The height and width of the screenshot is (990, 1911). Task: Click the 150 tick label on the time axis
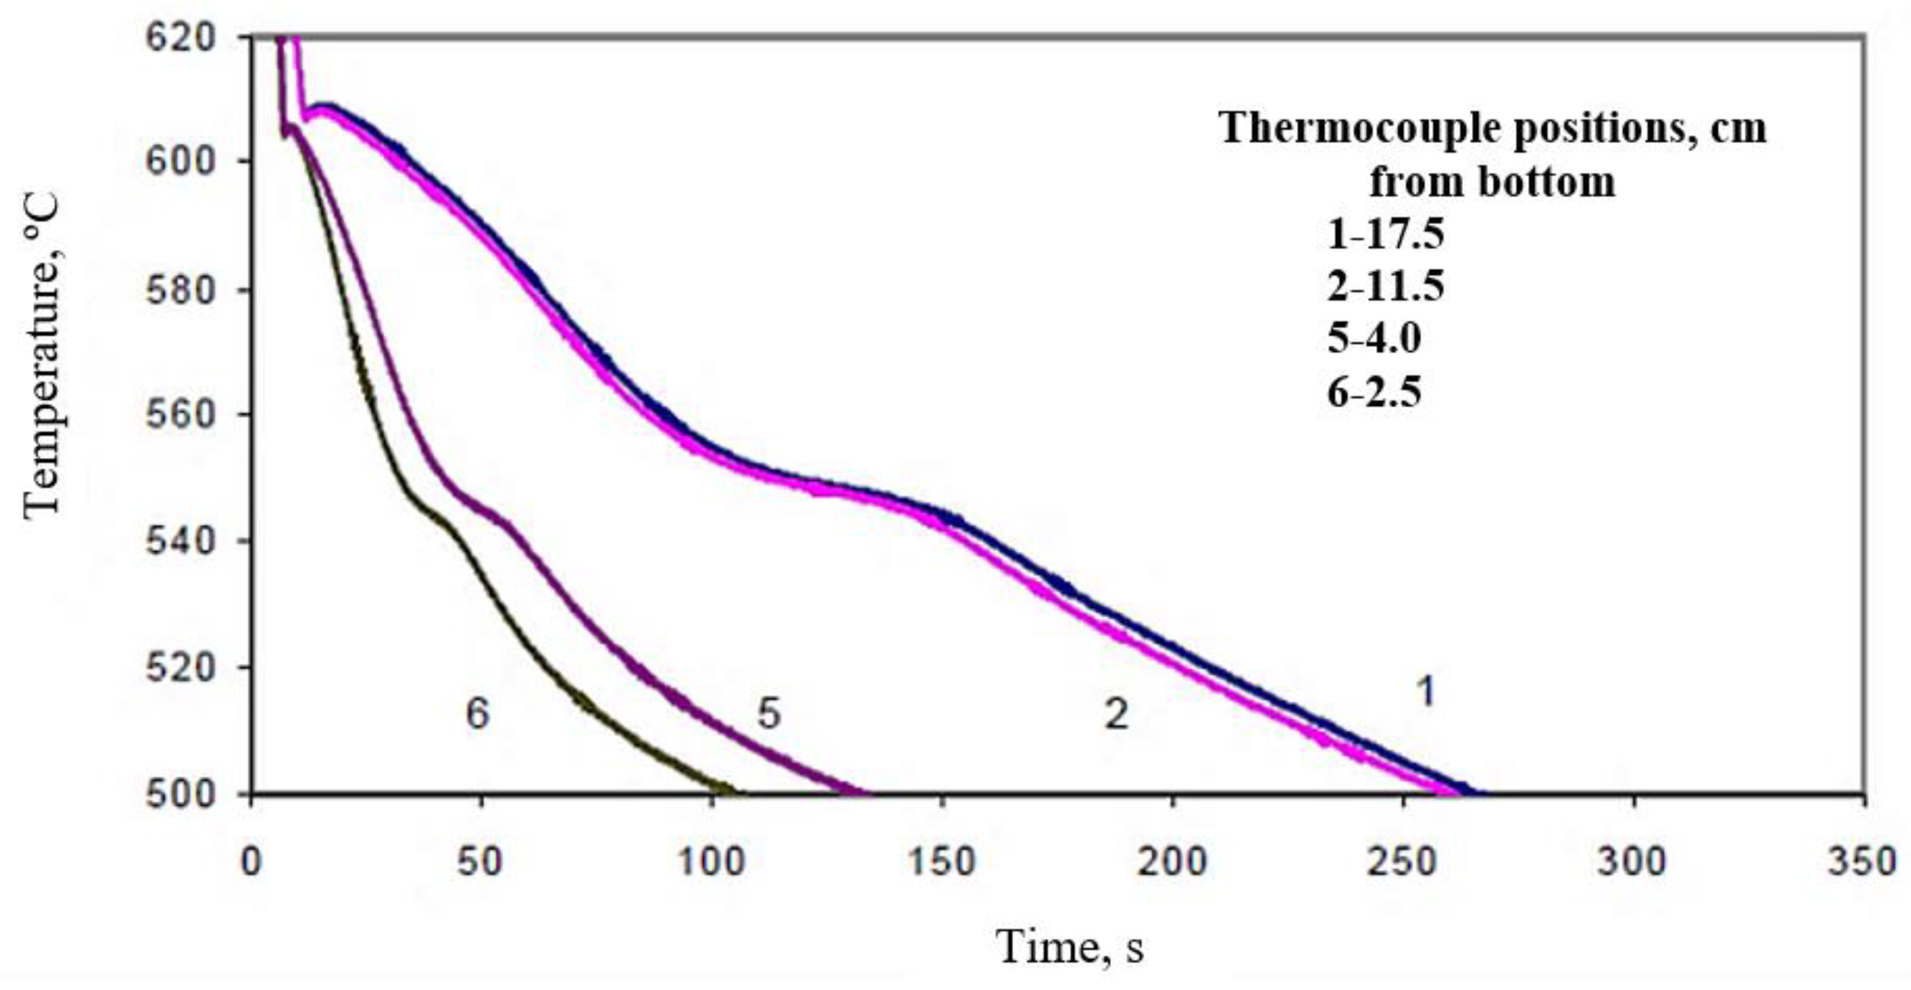pos(942,862)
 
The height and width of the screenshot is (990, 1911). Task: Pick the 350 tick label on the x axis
pos(1863,862)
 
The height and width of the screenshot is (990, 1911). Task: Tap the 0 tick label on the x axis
pos(252,862)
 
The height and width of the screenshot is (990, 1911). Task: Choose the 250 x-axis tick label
pos(1402,862)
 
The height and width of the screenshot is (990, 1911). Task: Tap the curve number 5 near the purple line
pos(769,715)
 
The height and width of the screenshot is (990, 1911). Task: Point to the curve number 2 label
pos(1116,715)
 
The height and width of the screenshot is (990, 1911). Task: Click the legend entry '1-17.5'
pos(1386,235)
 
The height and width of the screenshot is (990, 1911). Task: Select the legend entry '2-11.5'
pos(1386,287)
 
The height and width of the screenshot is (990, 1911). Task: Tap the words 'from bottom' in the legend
pos(1492,182)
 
